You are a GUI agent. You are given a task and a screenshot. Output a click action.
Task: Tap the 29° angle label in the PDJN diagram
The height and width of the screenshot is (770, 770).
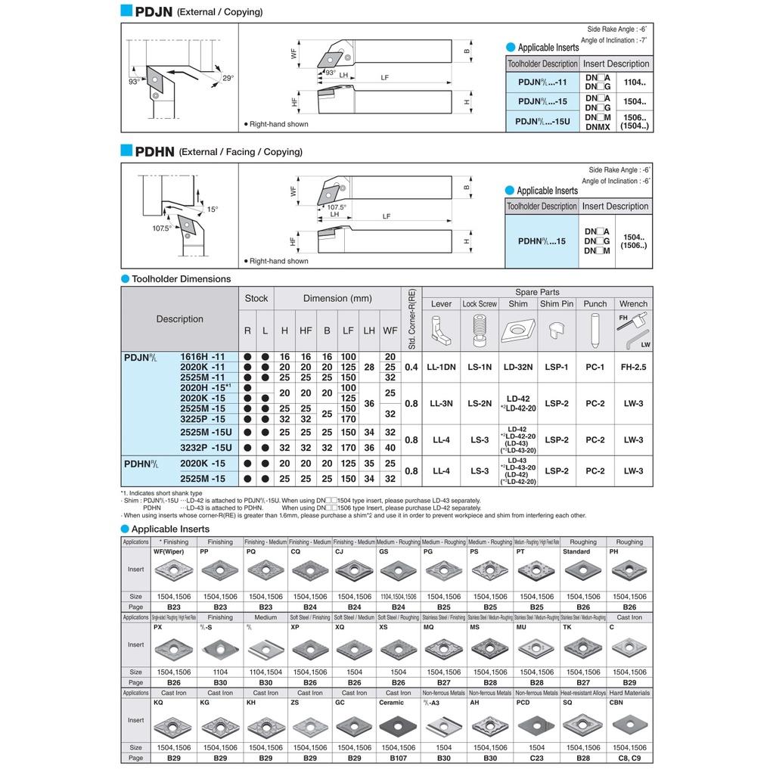(x=228, y=78)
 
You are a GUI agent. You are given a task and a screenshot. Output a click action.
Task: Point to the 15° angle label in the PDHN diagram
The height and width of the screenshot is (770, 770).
(x=213, y=210)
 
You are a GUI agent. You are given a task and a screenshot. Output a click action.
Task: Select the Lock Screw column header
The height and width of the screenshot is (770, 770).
(x=480, y=303)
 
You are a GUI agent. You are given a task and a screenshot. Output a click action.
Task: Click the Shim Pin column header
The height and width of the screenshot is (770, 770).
(x=557, y=303)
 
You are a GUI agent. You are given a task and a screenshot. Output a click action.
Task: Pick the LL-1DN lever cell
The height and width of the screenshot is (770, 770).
(x=441, y=367)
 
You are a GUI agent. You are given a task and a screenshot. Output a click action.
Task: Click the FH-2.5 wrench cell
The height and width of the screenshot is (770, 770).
(x=633, y=367)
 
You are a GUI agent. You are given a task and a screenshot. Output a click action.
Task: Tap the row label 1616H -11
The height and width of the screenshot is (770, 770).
(x=202, y=356)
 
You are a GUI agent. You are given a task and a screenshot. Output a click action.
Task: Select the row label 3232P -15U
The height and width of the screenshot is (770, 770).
(x=206, y=448)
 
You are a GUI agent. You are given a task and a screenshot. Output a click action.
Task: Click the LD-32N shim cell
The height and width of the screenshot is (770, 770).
(x=518, y=367)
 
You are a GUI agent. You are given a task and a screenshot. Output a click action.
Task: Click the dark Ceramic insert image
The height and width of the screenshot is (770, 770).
(x=399, y=725)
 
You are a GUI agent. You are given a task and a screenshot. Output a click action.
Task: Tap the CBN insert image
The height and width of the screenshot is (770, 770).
(x=629, y=725)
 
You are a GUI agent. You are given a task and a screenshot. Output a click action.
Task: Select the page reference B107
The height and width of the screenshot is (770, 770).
(x=399, y=757)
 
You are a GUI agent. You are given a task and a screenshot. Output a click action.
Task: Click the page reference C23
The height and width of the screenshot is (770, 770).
(x=536, y=757)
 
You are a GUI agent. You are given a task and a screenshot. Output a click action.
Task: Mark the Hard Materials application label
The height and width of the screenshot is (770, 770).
(x=629, y=692)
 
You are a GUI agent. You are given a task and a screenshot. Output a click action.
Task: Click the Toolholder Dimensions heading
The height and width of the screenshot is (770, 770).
(x=181, y=279)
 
